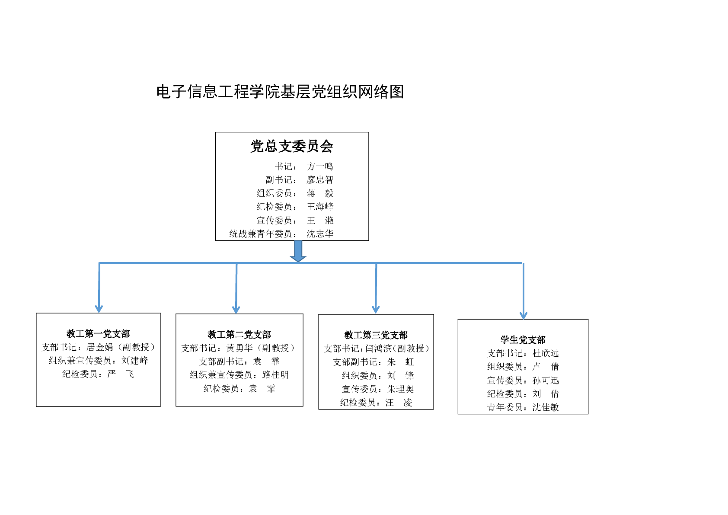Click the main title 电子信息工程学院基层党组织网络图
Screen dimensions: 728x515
280,91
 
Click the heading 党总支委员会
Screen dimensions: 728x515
292,146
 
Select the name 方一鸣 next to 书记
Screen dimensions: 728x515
320,166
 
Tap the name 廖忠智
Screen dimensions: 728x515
320,180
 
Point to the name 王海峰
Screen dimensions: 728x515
320,207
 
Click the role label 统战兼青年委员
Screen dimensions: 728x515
261,234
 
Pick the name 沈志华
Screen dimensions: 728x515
320,234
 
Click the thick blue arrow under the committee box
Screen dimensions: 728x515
298,251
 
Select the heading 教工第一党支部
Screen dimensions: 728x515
98,333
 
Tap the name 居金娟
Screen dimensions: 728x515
99,347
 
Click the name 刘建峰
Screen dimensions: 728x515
135,361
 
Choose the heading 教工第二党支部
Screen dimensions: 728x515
239,335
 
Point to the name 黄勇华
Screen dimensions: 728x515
239,348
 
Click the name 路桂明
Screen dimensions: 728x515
275,375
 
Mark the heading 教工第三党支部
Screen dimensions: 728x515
376,335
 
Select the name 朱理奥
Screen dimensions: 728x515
400,389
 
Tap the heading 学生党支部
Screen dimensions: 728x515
523,340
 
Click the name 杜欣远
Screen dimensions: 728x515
546,353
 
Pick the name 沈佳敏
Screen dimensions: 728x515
546,407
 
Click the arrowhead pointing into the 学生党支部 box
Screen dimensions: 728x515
524,316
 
